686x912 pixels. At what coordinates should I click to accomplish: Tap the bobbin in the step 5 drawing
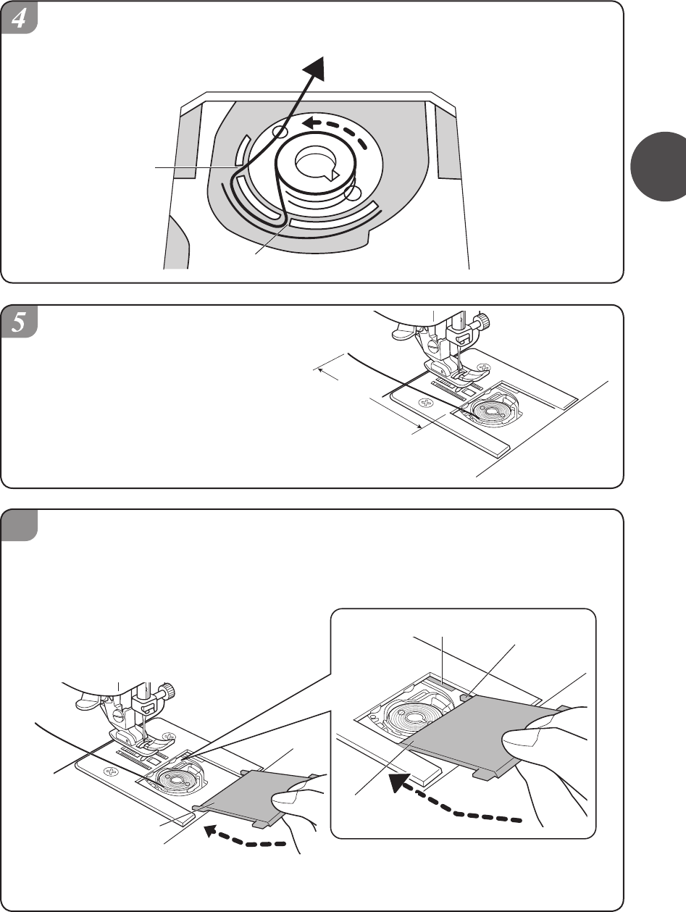tap(482, 409)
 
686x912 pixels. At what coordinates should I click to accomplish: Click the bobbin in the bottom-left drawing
tap(170, 782)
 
